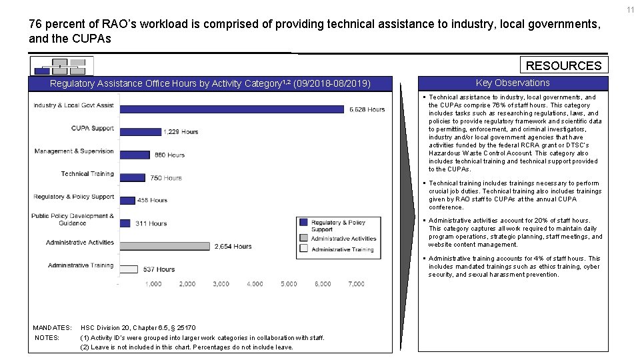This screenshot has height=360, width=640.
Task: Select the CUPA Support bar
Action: (x=140, y=131)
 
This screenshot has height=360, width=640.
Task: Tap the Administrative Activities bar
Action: (x=165, y=246)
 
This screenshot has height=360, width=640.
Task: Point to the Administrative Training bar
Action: (x=129, y=269)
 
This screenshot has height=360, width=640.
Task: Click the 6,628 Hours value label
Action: (x=367, y=109)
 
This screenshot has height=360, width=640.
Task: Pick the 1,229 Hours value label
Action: (x=181, y=132)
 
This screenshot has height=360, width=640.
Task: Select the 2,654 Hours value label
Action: (x=233, y=246)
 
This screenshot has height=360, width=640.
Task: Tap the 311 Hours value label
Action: (x=151, y=223)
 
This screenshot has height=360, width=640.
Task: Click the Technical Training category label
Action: (x=87, y=174)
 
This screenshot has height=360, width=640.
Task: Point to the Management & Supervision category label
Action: (x=74, y=151)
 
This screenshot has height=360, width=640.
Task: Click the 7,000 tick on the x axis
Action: (x=356, y=284)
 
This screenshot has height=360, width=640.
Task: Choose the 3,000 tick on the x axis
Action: (x=221, y=284)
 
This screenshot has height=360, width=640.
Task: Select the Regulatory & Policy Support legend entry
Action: (x=338, y=225)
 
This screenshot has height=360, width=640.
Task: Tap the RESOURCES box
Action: (x=563, y=65)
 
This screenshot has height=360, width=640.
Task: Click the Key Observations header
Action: (x=513, y=83)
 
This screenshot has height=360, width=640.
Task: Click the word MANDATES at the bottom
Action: (x=52, y=328)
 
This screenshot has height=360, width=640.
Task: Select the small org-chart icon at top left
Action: (x=61, y=65)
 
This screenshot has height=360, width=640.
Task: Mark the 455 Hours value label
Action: (x=152, y=200)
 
